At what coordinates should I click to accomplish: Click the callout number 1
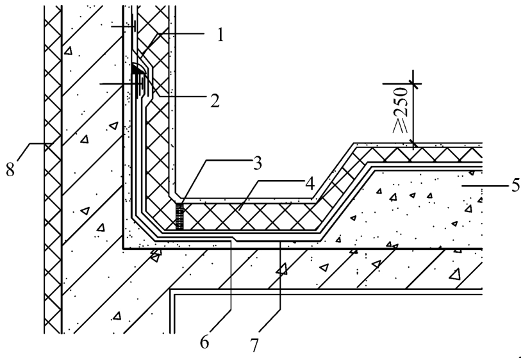click(x=219, y=35)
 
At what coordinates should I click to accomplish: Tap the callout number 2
click(x=215, y=100)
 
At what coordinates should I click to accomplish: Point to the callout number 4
click(x=310, y=183)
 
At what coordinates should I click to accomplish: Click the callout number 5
click(x=515, y=185)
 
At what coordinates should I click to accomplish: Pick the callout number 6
click(x=204, y=341)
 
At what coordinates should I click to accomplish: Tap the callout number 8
click(x=10, y=169)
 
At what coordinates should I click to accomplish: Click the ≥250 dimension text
click(x=401, y=110)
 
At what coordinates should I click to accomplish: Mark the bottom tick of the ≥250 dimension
click(x=413, y=143)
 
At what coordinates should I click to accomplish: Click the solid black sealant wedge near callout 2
click(x=137, y=69)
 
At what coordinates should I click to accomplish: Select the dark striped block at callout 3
click(x=179, y=217)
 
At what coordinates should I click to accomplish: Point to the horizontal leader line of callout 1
click(x=181, y=33)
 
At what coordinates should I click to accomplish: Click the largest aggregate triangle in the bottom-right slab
click(x=454, y=275)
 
